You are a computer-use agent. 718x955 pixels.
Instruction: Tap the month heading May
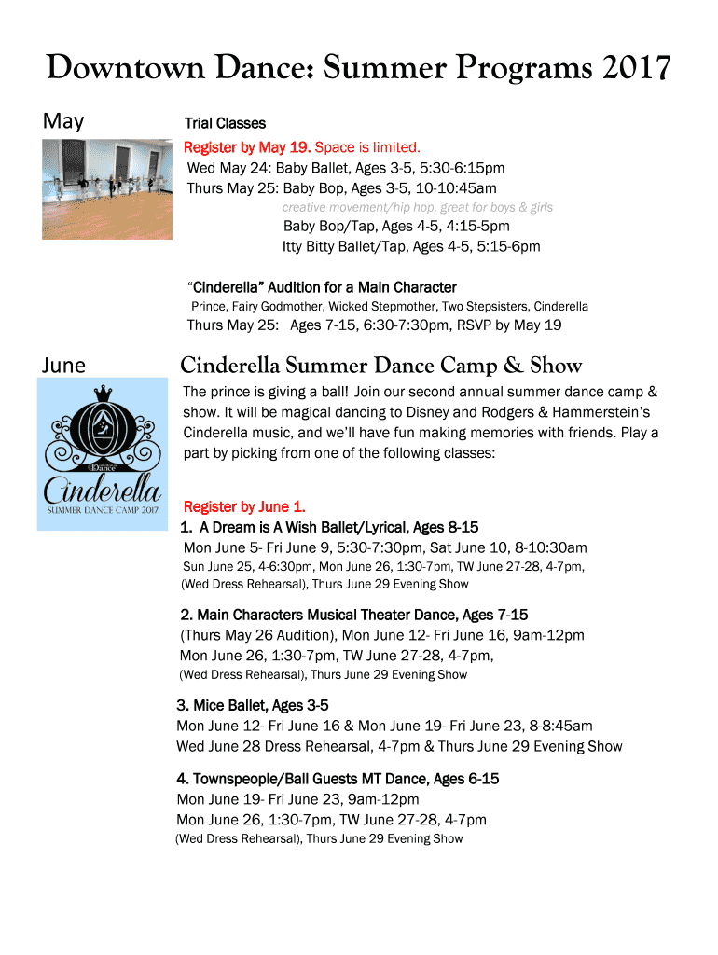pyautogui.click(x=63, y=121)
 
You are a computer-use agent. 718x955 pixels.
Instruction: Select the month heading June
pyautogui.click(x=63, y=365)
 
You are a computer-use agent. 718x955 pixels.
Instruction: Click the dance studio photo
pyautogui.click(x=107, y=189)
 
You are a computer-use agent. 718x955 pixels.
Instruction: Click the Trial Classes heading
pyautogui.click(x=225, y=123)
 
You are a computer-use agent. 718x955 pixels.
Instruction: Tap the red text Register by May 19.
pyautogui.click(x=248, y=146)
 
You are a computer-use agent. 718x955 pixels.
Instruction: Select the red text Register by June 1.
pyautogui.click(x=244, y=506)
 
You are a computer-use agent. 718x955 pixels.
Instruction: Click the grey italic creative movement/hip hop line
pyautogui.click(x=418, y=207)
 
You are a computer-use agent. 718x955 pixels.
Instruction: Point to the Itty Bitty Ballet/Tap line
pyautogui.click(x=411, y=246)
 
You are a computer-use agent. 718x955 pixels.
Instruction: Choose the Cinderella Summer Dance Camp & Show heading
pyautogui.click(x=380, y=365)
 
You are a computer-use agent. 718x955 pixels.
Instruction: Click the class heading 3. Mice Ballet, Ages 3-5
pyautogui.click(x=253, y=705)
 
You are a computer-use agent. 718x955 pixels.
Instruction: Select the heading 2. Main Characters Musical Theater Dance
pyautogui.click(x=353, y=615)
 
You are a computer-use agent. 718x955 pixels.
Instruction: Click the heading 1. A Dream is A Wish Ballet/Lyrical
pyautogui.click(x=329, y=528)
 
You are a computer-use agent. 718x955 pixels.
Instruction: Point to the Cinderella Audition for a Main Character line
pyautogui.click(x=322, y=287)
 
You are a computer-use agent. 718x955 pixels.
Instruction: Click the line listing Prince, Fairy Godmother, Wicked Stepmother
pyautogui.click(x=390, y=306)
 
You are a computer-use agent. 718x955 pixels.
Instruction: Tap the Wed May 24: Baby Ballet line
pyautogui.click(x=346, y=168)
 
